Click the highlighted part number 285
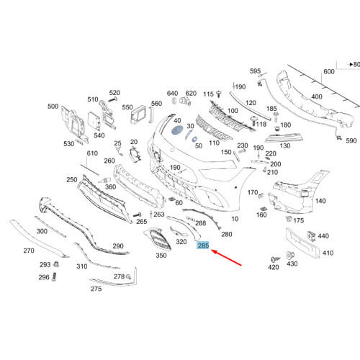tap(203, 246)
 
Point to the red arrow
tap(226, 258)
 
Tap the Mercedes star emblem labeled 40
tap(177, 130)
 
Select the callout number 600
tap(329, 71)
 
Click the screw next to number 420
tap(275, 259)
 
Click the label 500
tap(53, 107)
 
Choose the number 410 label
tap(328, 253)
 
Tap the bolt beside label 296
tap(54, 276)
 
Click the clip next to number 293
tap(56, 264)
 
